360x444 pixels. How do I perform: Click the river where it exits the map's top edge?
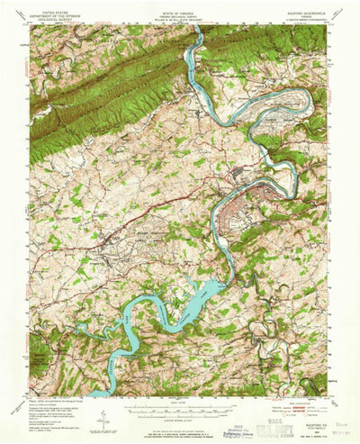click(x=194, y=28)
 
